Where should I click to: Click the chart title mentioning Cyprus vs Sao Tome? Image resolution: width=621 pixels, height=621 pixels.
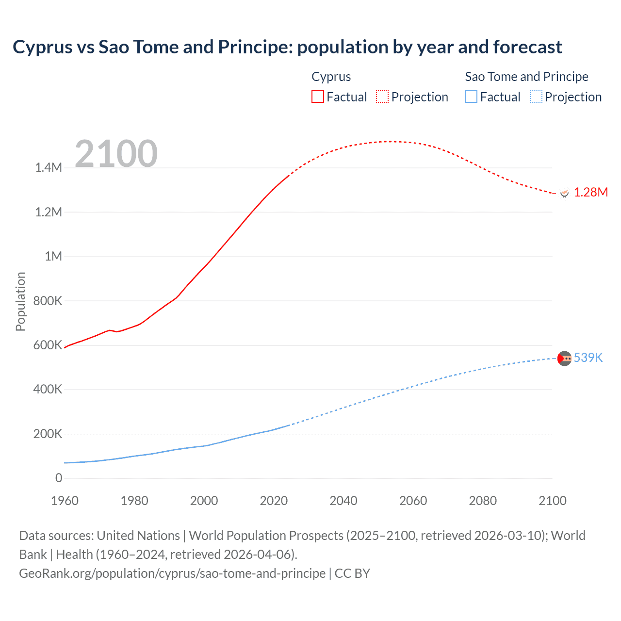(287, 47)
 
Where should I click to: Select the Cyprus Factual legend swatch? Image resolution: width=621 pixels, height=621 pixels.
(318, 97)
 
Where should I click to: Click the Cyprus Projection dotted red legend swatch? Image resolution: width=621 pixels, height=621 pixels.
(382, 97)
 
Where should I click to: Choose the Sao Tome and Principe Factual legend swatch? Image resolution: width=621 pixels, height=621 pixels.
(471, 97)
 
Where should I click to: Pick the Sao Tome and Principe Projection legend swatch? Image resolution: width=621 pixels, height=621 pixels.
(536, 97)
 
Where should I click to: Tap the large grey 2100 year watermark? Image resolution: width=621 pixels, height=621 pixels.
(116, 154)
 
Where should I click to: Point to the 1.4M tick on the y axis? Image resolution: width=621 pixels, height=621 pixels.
(49, 168)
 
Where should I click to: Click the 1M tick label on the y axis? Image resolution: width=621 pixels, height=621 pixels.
(53, 257)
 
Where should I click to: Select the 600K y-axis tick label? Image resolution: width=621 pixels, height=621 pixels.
(48, 345)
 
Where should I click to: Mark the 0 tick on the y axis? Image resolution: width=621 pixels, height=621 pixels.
(59, 478)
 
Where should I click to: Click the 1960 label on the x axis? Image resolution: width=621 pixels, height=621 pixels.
(65, 501)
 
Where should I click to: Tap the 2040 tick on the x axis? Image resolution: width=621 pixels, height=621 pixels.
(343, 501)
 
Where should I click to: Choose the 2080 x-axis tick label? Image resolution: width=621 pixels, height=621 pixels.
(483, 501)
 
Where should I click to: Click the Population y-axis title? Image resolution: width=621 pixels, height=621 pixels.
(20, 301)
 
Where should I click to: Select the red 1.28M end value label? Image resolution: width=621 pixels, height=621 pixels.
(590, 193)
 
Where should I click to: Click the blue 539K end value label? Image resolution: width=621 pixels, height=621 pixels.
(588, 358)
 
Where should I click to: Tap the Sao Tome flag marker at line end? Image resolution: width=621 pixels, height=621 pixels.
(564, 359)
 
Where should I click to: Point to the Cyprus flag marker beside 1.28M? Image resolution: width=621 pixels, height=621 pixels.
(564, 193)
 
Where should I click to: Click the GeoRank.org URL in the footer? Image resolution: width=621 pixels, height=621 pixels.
(172, 573)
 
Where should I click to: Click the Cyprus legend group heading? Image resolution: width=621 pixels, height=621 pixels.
(331, 77)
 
